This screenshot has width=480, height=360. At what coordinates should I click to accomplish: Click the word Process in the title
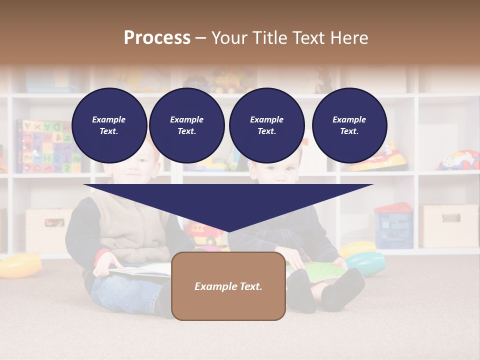click(157, 38)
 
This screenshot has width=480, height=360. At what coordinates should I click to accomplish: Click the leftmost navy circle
click(109, 125)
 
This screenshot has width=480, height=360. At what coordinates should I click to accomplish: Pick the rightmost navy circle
click(349, 125)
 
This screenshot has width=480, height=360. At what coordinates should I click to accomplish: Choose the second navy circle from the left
click(186, 125)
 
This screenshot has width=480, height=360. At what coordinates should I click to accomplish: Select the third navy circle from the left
click(266, 125)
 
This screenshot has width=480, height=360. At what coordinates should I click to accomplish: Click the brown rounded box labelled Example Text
click(228, 286)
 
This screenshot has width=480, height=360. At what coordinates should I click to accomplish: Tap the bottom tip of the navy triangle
click(228, 231)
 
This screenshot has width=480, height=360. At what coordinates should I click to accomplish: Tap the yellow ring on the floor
click(19, 265)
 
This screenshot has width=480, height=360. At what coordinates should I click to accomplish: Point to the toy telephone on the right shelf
click(459, 160)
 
